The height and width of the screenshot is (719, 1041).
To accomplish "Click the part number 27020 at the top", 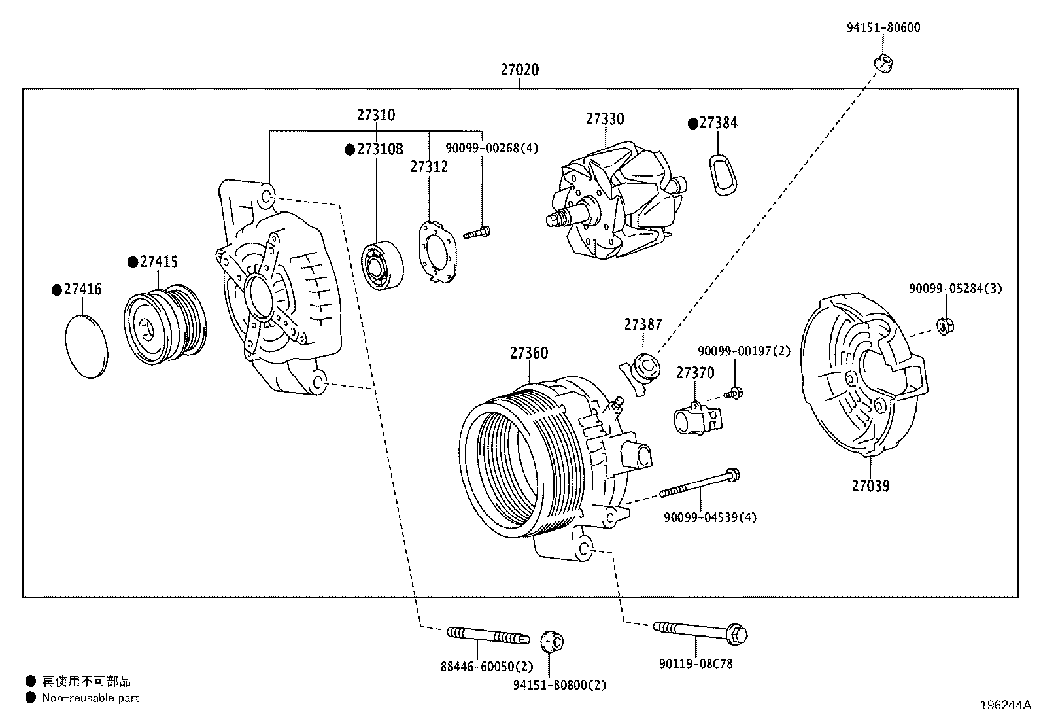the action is pos(520,70).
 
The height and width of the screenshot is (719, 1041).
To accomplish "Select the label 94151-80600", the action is pos(883,27).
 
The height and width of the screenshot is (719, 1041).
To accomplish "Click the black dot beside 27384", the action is pos(692,124).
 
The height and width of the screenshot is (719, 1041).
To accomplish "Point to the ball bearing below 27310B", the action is pos(383,266).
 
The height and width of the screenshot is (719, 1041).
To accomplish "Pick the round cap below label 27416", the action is pos(86,347).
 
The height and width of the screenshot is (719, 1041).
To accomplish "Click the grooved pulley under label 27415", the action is pos(165,324).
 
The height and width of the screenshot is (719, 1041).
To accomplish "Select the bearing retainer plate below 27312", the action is pos(437,253).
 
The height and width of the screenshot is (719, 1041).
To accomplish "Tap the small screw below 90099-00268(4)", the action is pos(477,232).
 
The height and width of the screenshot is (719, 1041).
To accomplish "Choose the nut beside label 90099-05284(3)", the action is pos(945,326).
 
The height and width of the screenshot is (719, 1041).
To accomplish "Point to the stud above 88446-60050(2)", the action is pos(488,635).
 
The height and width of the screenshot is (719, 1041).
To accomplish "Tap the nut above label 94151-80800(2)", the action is pos(552,642).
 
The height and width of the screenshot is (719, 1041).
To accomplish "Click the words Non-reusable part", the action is pos(91,698).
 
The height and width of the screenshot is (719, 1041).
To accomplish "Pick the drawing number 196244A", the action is pos(1005,705).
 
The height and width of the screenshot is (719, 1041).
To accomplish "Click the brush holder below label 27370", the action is pos(697,418).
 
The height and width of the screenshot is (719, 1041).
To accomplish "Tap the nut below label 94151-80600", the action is pos(883,63).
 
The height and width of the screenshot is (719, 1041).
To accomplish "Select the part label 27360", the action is pos(529,353).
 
